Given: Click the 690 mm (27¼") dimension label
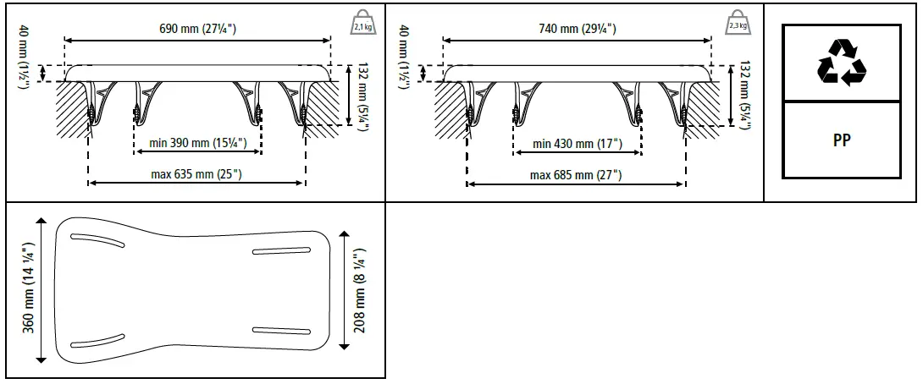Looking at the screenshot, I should pos(197,30).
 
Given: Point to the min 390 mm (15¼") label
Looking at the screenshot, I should pos(198,144).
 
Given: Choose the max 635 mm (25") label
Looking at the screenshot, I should pos(196,175).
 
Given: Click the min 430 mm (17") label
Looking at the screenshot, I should pos(576,144).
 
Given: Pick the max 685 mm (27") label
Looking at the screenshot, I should pos(576,175).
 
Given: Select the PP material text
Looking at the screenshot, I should pos(841,141).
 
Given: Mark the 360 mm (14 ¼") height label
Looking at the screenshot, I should pos(27,289).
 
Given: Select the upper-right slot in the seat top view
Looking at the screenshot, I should pos(282,251).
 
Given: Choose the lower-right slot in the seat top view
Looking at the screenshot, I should pos(282,330).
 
